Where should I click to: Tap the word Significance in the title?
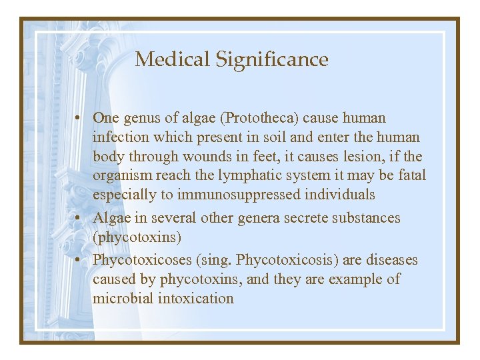pyautogui.click(x=271, y=60)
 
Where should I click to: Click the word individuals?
pyautogui.click(x=339, y=195)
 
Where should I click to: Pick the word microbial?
pyautogui.click(x=123, y=299)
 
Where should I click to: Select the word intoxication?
pyautogui.click(x=196, y=299)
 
